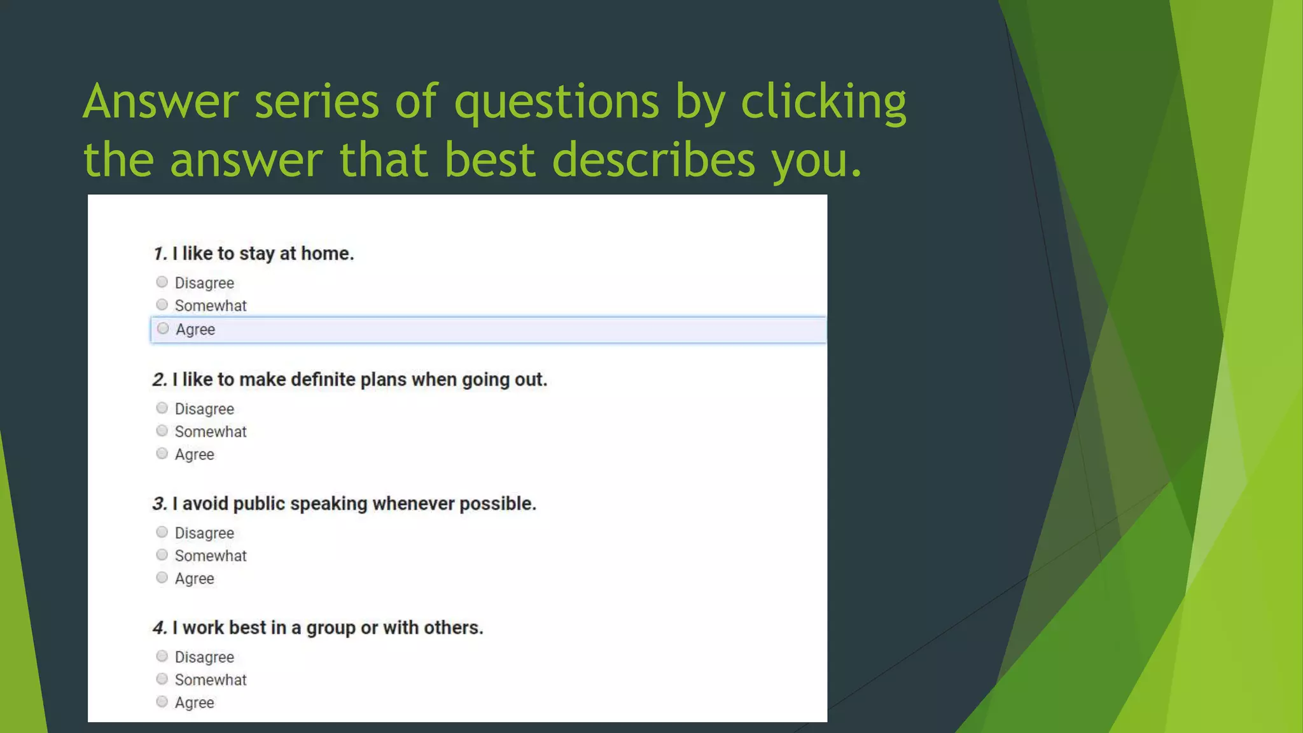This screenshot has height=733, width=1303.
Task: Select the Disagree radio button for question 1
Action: [x=162, y=282]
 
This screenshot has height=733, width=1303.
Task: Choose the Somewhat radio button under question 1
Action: [x=162, y=305]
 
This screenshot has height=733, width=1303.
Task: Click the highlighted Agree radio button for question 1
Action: [x=163, y=328]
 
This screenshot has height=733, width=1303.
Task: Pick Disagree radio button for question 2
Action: [x=162, y=408]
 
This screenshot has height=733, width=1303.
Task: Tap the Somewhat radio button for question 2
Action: [x=162, y=431]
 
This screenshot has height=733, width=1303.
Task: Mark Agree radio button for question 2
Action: [x=162, y=454]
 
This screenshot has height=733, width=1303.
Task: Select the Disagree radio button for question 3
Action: [x=162, y=532]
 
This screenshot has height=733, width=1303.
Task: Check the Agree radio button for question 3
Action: [x=162, y=578]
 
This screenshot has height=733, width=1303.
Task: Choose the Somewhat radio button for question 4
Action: [x=162, y=679]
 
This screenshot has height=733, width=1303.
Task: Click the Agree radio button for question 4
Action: [x=162, y=702]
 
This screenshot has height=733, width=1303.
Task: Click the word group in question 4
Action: [x=331, y=628]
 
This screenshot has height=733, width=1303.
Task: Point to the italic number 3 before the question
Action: [x=159, y=504]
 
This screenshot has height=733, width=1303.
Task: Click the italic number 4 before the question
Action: [x=159, y=628]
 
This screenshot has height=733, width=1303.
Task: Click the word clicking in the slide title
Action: [x=823, y=102]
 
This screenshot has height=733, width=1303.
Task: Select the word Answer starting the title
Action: [x=160, y=102]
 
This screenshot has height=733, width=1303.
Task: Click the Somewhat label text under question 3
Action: [x=211, y=555]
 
